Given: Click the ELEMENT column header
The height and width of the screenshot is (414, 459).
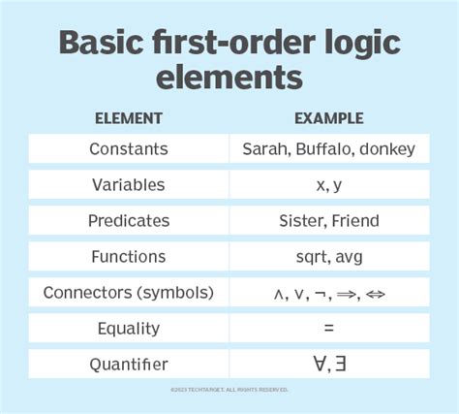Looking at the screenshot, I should (x=128, y=118).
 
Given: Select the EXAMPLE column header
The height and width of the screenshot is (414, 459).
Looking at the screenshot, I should (x=330, y=118).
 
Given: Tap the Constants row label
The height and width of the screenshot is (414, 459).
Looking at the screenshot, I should (x=128, y=149).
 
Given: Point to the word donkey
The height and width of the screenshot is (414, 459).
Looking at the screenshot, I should (x=387, y=149).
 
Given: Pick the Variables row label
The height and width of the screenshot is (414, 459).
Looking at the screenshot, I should (x=128, y=185).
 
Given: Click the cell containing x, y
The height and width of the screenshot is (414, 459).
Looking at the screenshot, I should (x=330, y=185).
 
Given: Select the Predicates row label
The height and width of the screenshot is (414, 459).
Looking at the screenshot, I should (x=128, y=221).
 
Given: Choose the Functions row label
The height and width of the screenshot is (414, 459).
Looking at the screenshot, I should (x=128, y=257).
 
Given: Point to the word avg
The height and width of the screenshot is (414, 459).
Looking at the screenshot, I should (x=351, y=257).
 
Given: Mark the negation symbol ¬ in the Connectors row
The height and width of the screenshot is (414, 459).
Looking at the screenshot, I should (x=324, y=294).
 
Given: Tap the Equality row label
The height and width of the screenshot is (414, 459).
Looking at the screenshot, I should (x=128, y=329).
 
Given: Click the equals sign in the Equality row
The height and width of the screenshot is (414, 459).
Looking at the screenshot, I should (x=330, y=329).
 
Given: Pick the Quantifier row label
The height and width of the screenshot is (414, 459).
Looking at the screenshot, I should (x=128, y=365).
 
